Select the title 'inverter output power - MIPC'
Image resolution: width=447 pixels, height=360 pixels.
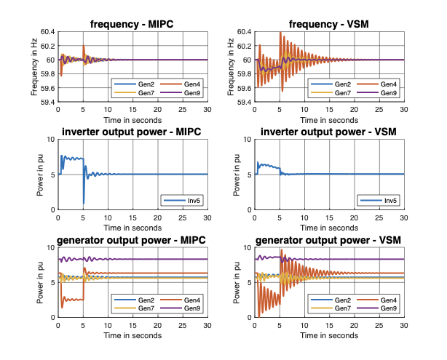[x=132, y=132]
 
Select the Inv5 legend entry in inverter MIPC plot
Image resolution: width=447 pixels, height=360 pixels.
[x=189, y=200]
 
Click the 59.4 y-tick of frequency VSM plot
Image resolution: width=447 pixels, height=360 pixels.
[x=244, y=102]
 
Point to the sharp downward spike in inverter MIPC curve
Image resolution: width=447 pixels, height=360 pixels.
[x=84, y=201]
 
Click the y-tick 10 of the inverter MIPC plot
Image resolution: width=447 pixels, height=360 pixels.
[x=50, y=140]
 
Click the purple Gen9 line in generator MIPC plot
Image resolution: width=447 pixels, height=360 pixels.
[x=146, y=259]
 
